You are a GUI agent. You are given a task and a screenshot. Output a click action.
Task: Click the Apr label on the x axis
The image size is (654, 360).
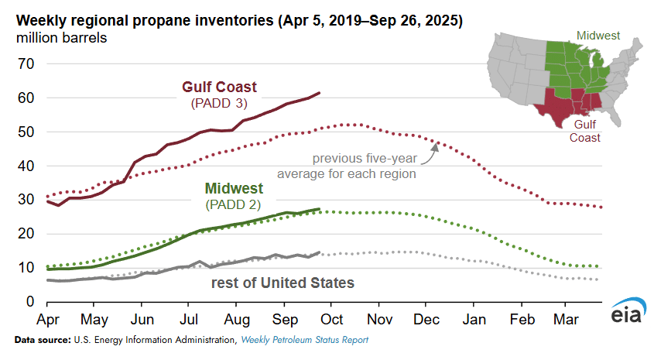48,319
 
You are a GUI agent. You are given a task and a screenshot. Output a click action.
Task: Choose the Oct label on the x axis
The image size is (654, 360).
332,319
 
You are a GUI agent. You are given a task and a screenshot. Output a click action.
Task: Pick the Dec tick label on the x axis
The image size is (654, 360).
426,319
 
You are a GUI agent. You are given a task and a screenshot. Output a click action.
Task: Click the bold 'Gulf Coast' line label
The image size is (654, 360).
219,87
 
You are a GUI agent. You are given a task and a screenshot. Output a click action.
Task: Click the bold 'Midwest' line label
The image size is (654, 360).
234,189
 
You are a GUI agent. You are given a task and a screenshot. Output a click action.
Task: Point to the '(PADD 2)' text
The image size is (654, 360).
234,204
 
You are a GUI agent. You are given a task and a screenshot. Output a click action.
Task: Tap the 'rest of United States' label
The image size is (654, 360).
283,283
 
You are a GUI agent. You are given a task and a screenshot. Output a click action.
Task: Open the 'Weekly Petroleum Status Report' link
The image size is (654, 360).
304,340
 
